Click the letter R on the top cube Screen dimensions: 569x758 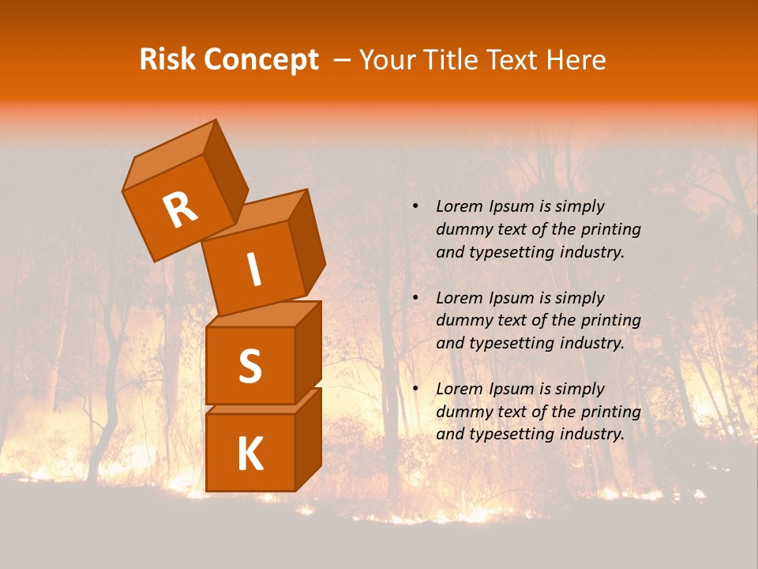(x=180, y=210)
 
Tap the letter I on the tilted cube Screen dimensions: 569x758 (x=253, y=269)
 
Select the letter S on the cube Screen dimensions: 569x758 (x=250, y=366)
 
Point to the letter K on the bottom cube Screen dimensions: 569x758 (x=250, y=454)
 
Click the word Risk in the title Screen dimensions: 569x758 (x=168, y=60)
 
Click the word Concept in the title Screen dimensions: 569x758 (x=261, y=60)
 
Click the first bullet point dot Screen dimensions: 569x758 (x=415, y=207)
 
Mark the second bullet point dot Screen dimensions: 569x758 (x=415, y=299)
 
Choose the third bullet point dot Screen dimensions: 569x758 (x=415, y=390)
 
